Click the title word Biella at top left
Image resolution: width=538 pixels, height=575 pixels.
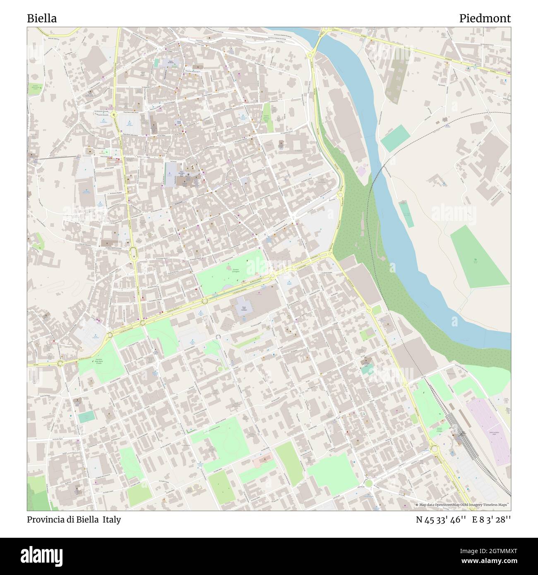tap(42, 18)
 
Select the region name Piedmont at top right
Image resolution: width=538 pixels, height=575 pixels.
tap(485, 18)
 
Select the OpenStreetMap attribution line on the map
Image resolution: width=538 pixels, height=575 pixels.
tap(463, 505)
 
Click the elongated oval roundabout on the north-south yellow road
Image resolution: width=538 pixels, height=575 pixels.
tap(133, 253)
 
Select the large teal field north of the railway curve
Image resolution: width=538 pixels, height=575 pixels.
tap(395, 137)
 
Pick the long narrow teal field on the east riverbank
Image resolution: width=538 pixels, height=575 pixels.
tap(406, 213)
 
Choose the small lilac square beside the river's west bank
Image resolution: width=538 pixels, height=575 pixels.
tap(361, 171)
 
